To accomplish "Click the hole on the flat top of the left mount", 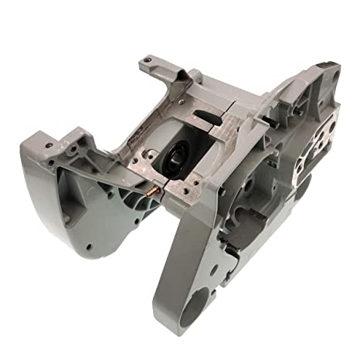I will tap(53, 143).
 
